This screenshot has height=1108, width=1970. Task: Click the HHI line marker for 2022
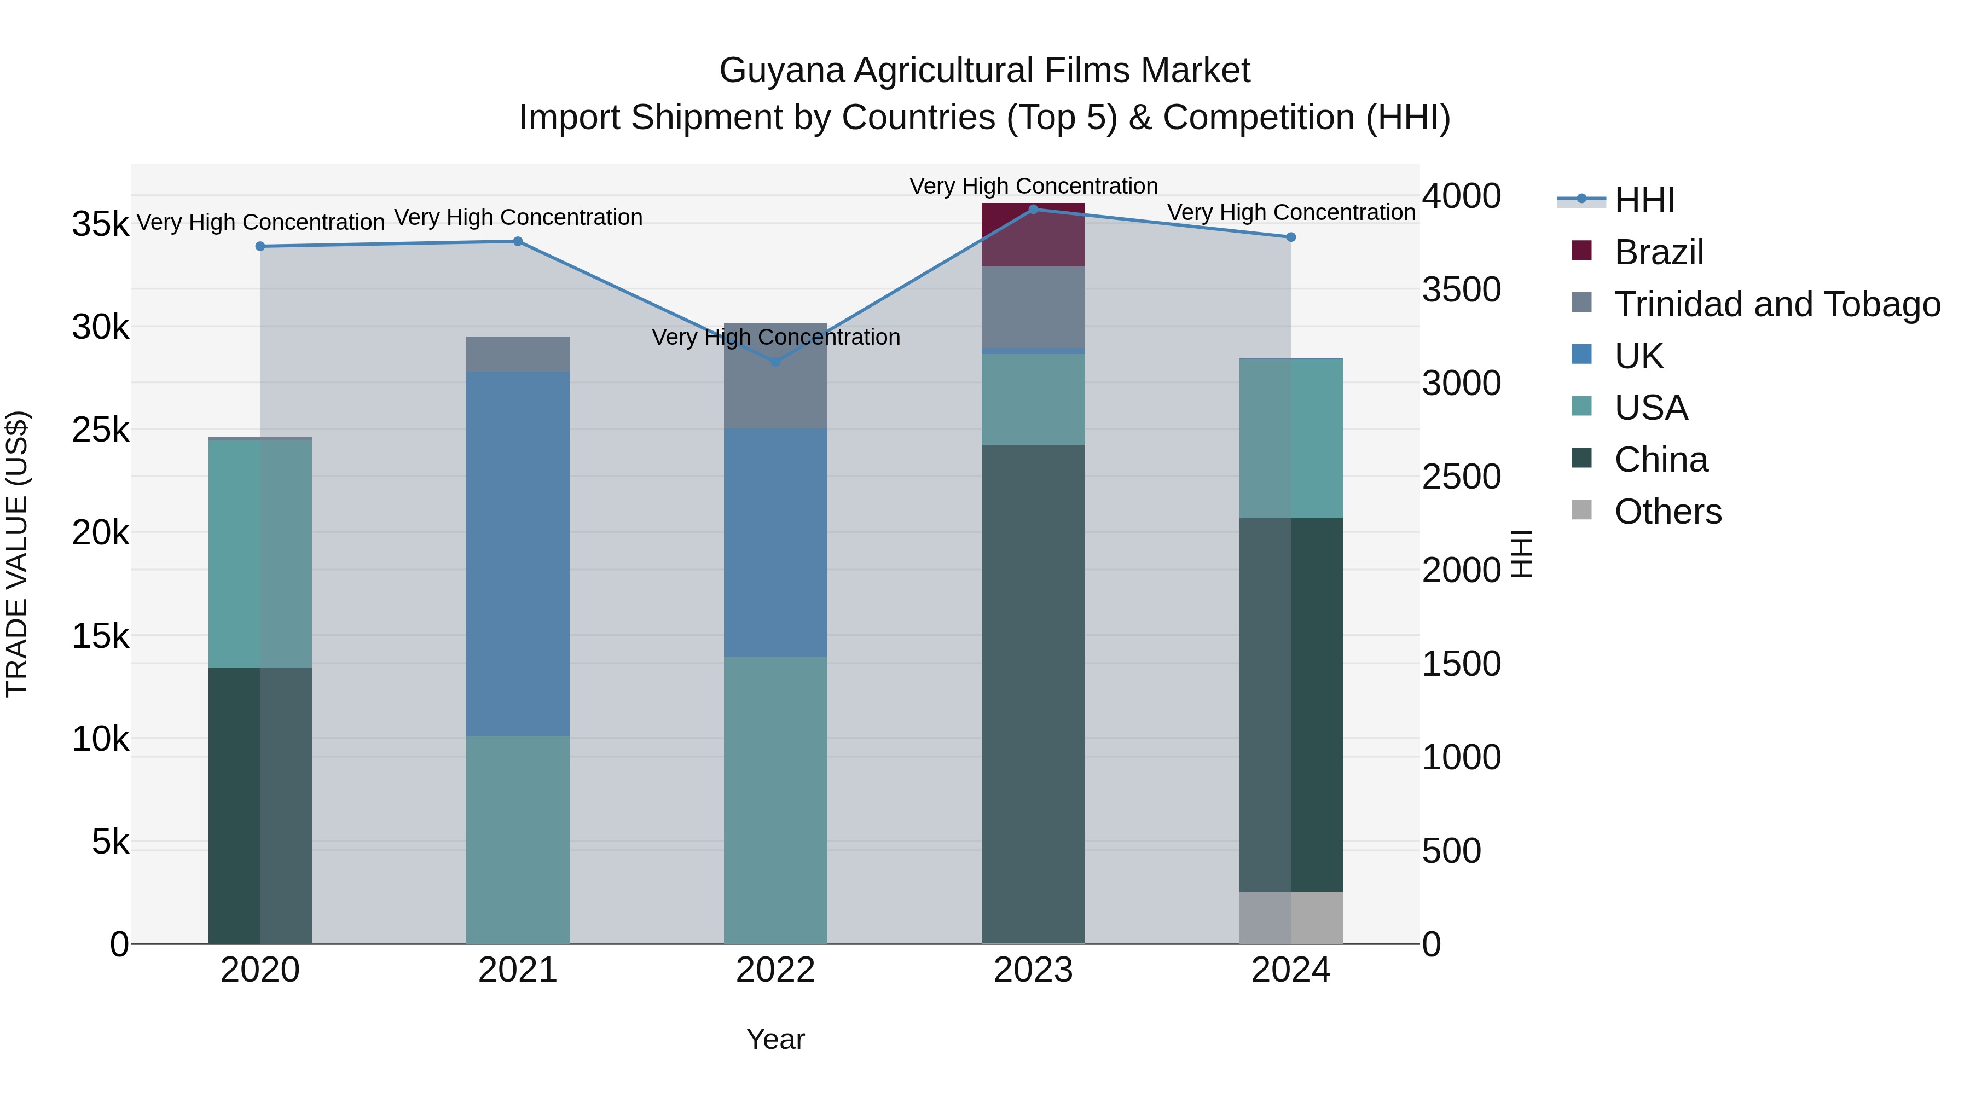point(775,362)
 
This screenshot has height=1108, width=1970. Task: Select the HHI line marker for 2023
point(1033,210)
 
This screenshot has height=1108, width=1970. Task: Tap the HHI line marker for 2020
point(260,246)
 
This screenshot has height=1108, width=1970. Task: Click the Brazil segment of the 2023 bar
point(1033,235)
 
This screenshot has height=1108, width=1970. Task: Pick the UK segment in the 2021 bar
point(518,554)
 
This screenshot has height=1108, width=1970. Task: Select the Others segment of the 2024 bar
point(1291,917)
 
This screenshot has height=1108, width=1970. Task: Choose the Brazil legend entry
point(1658,252)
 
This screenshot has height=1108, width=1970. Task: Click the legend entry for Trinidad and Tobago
point(1776,304)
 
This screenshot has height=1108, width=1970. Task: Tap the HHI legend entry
point(1644,200)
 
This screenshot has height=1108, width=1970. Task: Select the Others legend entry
point(1667,512)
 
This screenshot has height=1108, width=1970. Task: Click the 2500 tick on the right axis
point(1461,477)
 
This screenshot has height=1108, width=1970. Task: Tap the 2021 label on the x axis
point(518,970)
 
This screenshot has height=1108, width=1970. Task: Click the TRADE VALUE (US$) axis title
point(17,554)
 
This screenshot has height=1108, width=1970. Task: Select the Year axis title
point(775,1039)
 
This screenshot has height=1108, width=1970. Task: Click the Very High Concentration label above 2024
point(1291,213)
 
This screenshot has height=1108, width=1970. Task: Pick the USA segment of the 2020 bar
point(260,554)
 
